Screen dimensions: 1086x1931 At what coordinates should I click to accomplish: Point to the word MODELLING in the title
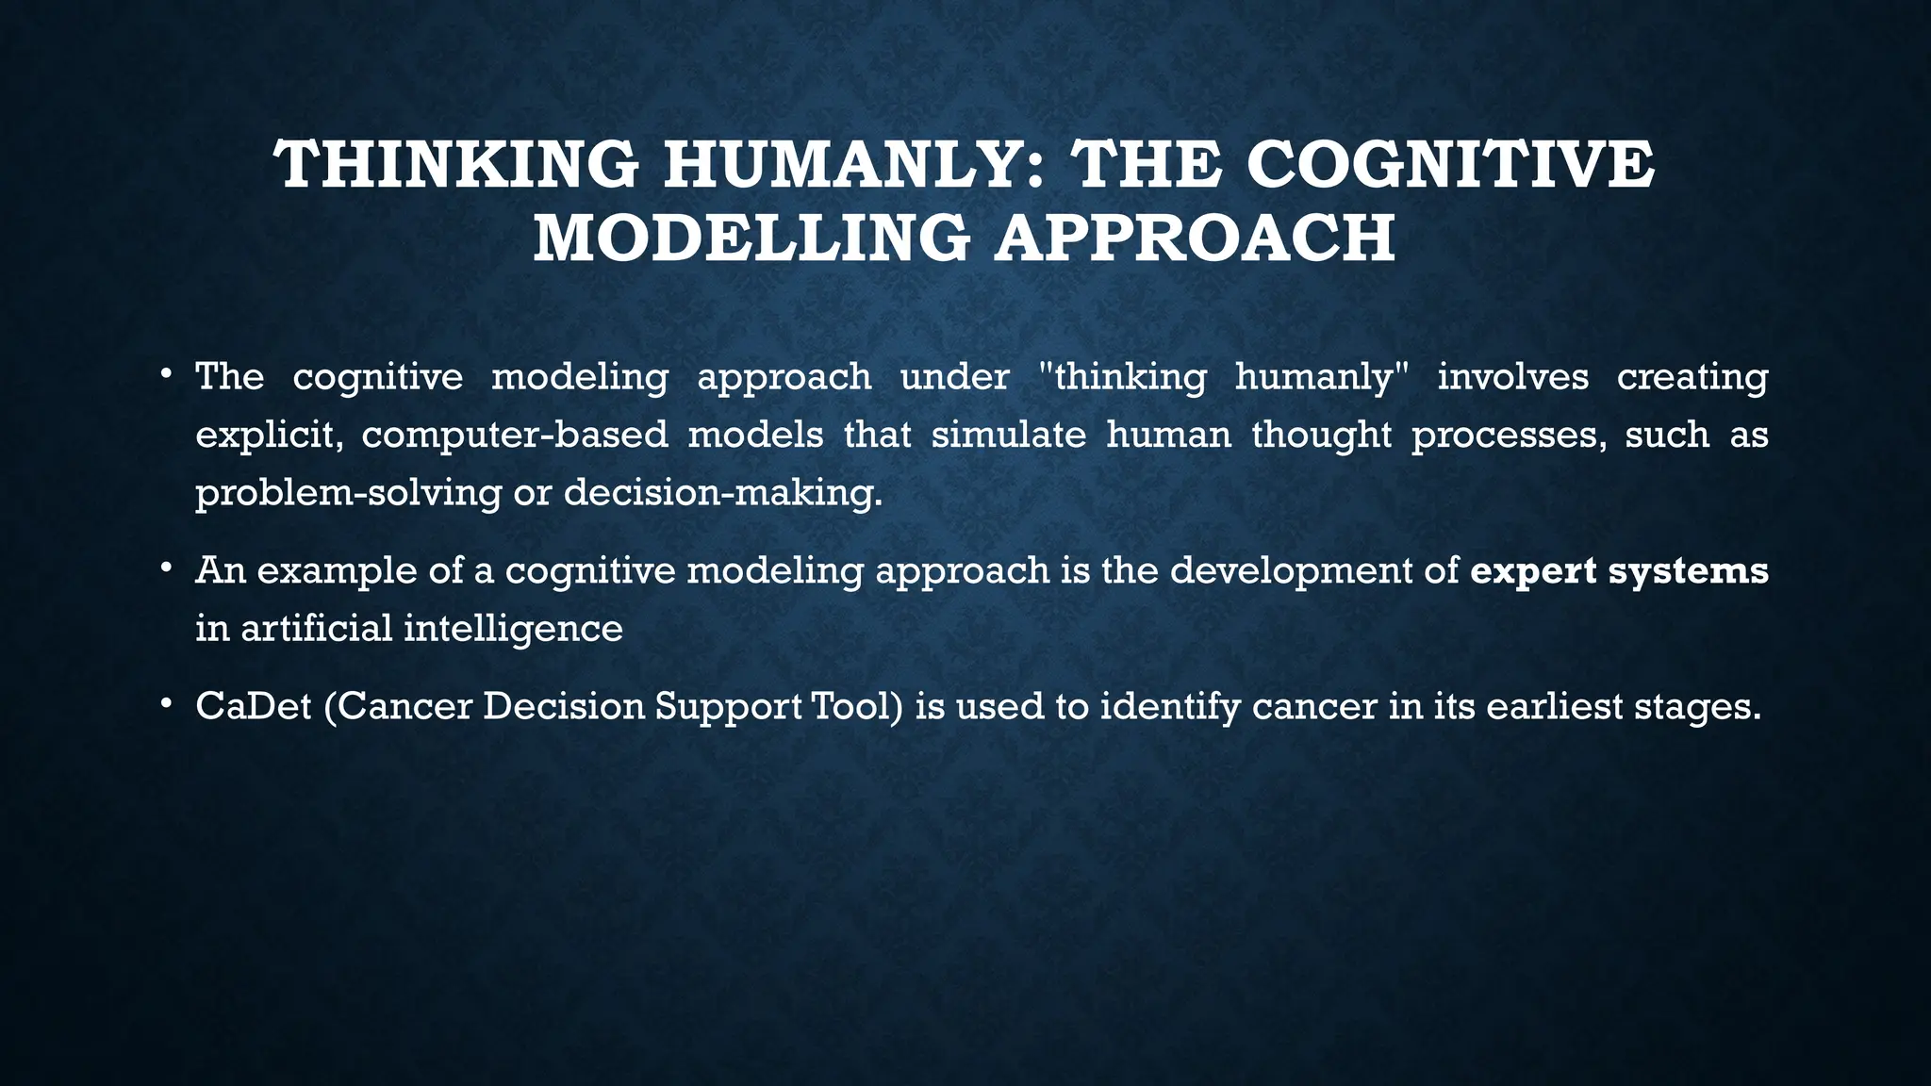click(751, 238)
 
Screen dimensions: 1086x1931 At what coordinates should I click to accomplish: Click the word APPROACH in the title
click(1196, 238)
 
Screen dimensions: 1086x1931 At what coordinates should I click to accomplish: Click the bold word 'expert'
click(1533, 571)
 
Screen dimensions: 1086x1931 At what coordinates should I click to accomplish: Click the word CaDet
click(253, 706)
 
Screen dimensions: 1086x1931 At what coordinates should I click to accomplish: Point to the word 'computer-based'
click(514, 436)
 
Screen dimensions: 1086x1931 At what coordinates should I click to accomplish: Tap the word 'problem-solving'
click(348, 493)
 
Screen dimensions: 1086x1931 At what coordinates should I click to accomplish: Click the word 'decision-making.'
click(723, 493)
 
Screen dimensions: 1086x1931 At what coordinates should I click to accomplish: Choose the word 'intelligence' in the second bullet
click(513, 628)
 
